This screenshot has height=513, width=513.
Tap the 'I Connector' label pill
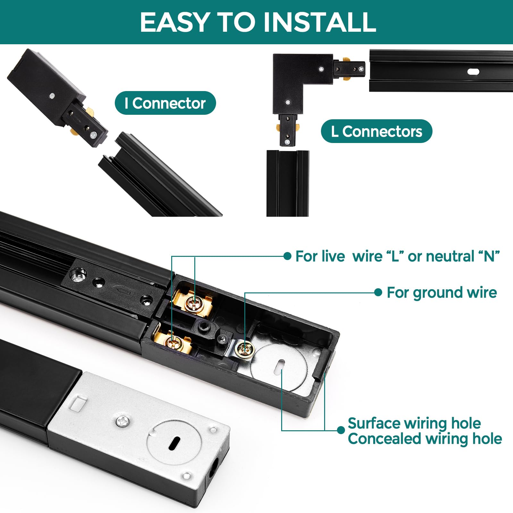tap(165, 103)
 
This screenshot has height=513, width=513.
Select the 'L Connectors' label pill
tap(376, 131)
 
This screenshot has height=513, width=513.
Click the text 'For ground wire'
tap(442, 292)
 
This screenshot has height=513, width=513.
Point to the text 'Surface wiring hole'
tap(414, 423)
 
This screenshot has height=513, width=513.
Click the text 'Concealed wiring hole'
tap(425, 439)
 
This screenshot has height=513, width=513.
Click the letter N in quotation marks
tap(489, 256)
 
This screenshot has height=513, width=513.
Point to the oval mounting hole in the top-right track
tap(473, 72)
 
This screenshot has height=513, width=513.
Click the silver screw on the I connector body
tap(52, 96)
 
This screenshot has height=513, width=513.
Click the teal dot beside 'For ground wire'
tap(378, 292)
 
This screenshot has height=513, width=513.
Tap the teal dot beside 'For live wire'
tap(287, 256)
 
